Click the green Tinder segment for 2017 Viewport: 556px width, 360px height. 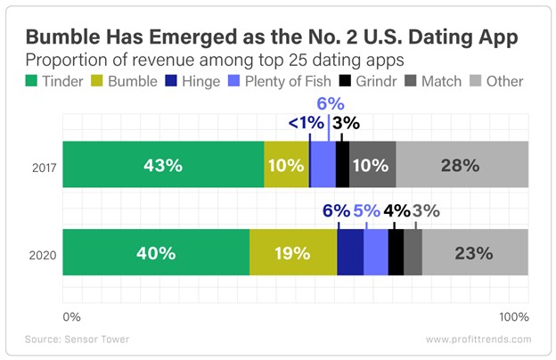[x=163, y=165]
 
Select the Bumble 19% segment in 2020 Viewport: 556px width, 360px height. [x=293, y=252]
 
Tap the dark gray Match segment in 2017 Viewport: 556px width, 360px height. [x=372, y=165]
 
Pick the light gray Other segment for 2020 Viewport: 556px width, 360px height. [x=475, y=252]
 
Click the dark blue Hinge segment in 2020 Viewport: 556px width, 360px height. [x=350, y=252]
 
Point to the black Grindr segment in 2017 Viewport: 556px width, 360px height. [x=342, y=165]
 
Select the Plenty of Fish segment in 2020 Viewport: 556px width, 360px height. [x=376, y=252]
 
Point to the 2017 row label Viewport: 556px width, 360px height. [x=43, y=166]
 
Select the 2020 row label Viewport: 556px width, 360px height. [x=43, y=253]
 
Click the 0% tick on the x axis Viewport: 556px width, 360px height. [x=71, y=316]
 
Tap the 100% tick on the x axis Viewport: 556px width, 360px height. [x=513, y=316]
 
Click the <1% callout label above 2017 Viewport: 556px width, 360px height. [x=305, y=123]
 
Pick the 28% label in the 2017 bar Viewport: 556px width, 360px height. [x=462, y=165]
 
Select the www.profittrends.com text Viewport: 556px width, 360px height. [x=478, y=340]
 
